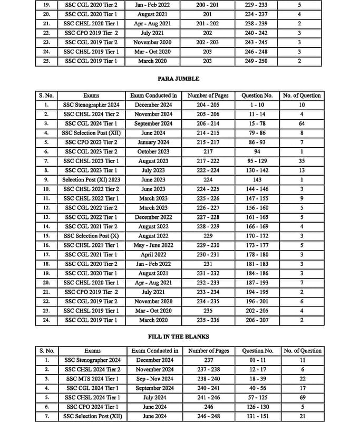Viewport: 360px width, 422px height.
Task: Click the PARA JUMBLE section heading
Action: [179, 79]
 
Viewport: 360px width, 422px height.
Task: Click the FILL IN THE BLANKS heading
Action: [179, 337]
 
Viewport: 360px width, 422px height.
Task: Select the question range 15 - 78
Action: [257, 123]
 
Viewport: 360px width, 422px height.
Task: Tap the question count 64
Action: [302, 123]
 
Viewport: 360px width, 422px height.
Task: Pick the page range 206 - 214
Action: [208, 123]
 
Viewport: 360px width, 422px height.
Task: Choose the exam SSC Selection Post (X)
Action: [91, 236]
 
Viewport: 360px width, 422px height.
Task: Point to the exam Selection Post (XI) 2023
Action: [91, 180]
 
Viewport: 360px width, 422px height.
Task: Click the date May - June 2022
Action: [154, 245]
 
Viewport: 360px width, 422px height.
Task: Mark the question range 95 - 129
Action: [257, 161]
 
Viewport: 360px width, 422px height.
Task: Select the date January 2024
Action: [154, 142]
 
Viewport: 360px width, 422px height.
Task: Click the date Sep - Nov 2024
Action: [154, 379]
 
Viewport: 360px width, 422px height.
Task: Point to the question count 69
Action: [303, 397]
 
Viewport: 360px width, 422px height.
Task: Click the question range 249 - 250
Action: [257, 61]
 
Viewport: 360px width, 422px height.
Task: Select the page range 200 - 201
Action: [208, 4]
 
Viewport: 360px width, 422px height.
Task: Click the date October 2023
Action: [154, 151]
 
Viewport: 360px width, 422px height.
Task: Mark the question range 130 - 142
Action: [257, 170]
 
